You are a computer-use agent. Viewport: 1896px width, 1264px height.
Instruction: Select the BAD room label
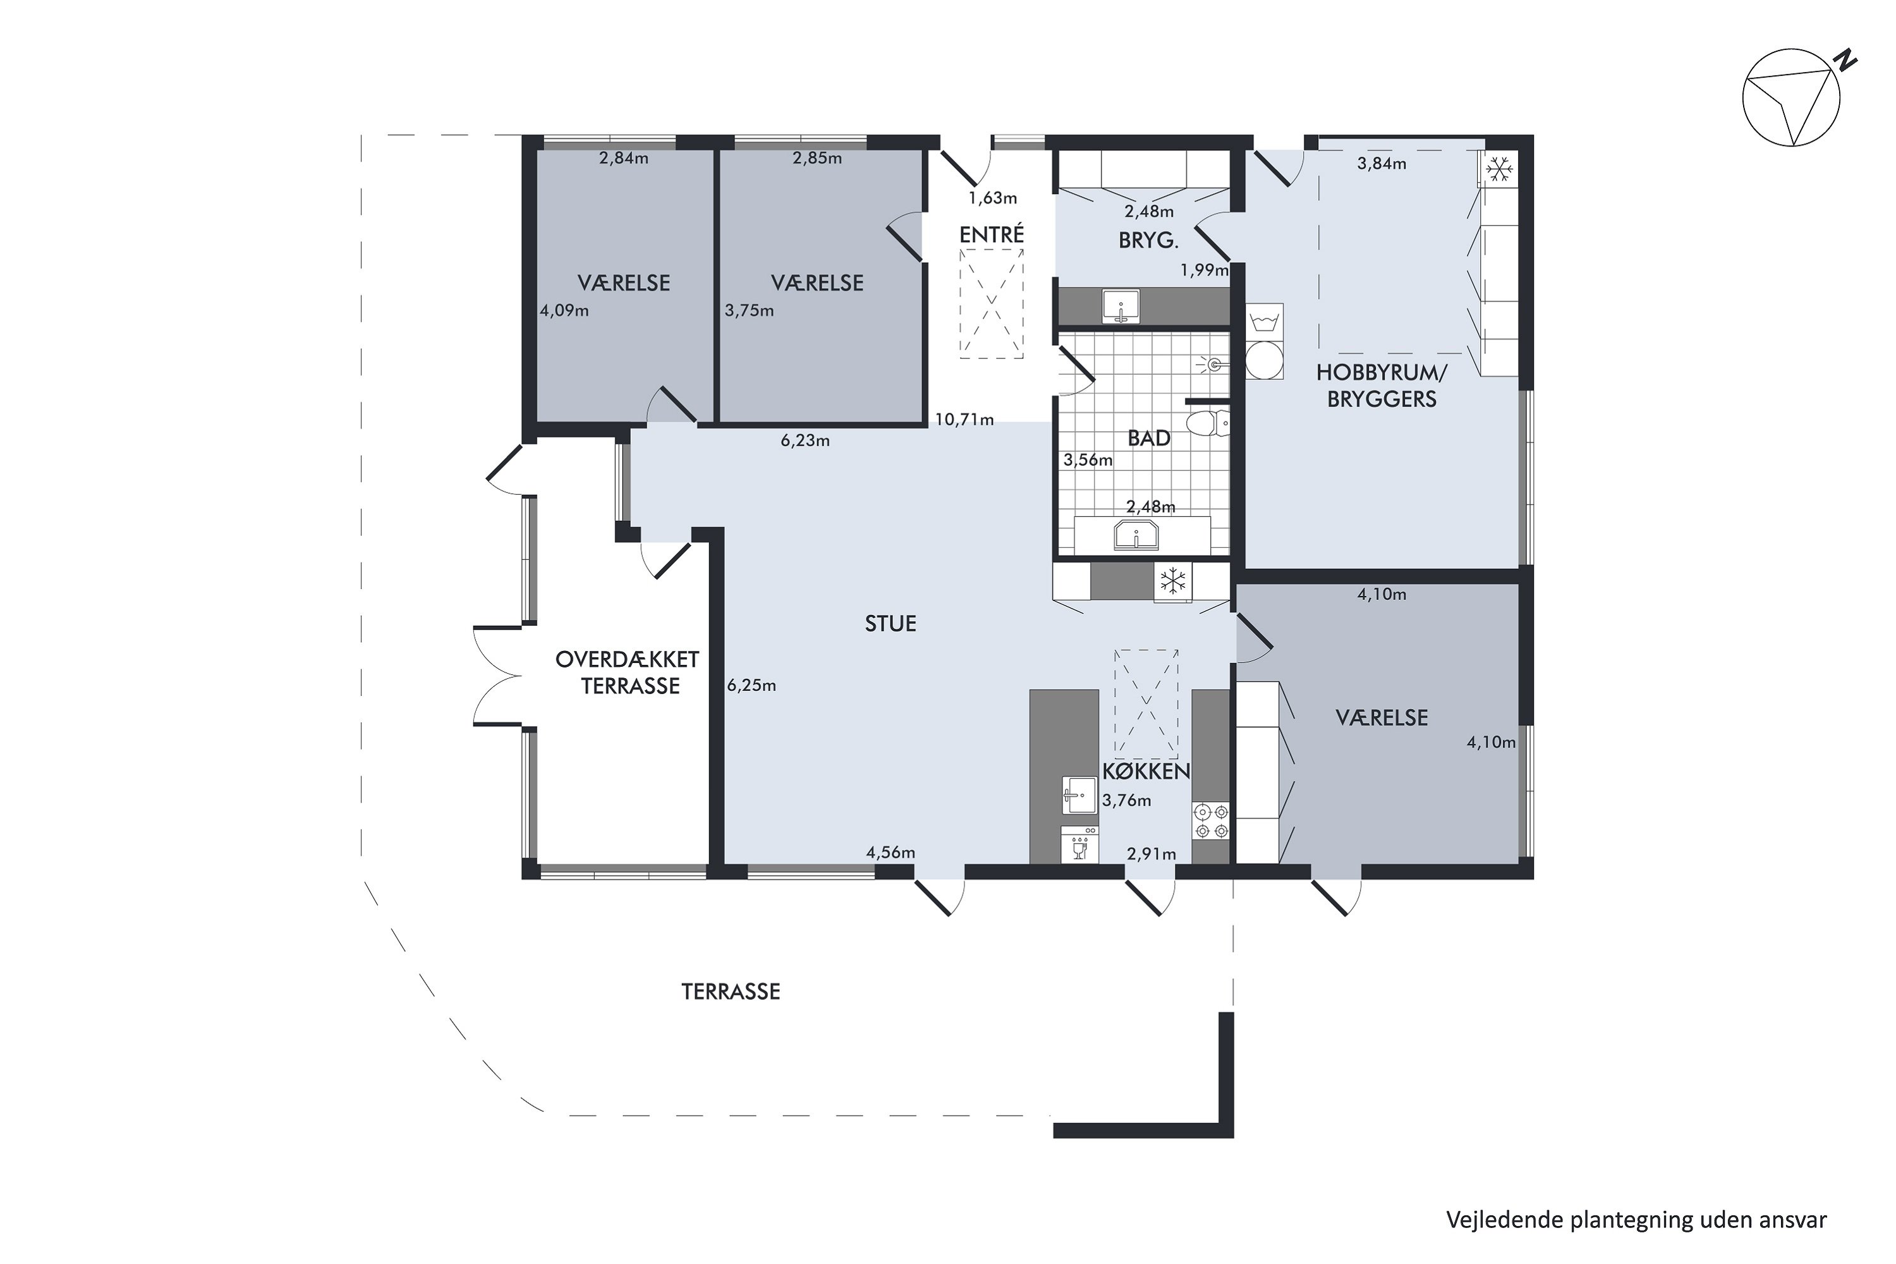click(1149, 438)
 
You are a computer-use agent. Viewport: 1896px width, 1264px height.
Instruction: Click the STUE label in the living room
click(890, 623)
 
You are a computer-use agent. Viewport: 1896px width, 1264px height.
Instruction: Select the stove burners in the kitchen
click(1212, 820)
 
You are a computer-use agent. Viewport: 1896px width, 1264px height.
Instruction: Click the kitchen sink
click(1079, 796)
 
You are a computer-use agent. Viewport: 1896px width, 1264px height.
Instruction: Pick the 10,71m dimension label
click(964, 419)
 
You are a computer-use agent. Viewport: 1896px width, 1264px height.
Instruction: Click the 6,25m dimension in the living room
click(751, 685)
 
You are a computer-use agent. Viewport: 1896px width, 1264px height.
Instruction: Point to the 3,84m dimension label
click(1382, 164)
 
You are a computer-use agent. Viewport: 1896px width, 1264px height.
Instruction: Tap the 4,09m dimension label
click(564, 310)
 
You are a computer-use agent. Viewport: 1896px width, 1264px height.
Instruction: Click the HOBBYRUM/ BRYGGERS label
click(1382, 386)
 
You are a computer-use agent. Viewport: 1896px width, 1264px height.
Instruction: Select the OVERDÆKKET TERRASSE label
click(627, 672)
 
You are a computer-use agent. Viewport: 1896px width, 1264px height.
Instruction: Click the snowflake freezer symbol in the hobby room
click(1498, 169)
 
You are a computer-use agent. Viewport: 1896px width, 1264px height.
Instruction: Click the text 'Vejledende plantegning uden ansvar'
click(1636, 1220)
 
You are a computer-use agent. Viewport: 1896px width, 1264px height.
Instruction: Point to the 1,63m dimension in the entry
click(992, 197)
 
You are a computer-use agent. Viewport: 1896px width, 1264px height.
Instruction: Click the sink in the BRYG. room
click(1121, 307)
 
